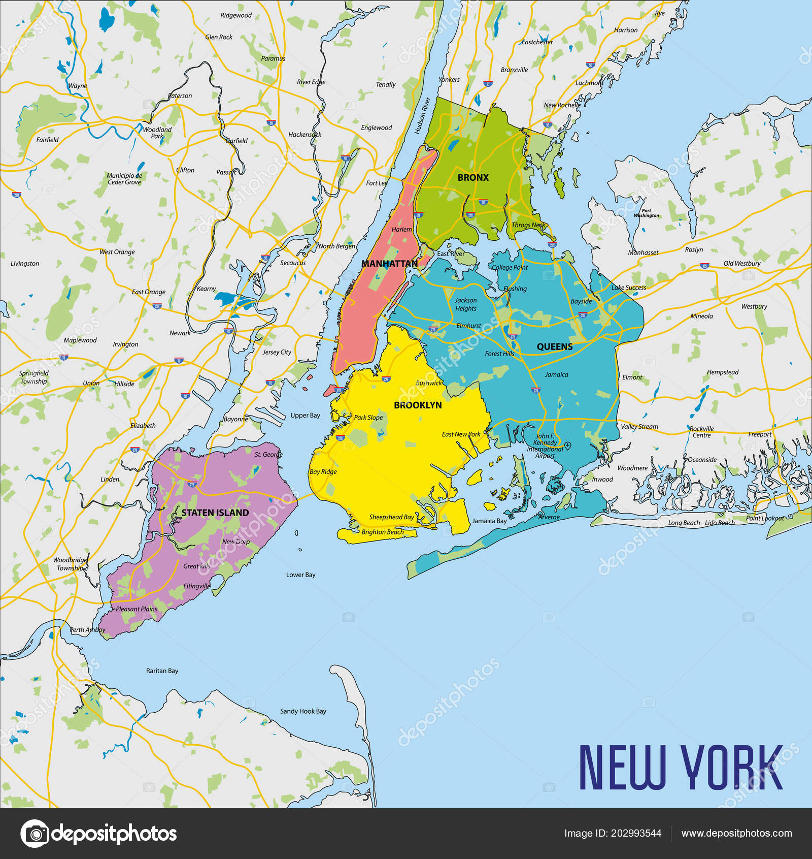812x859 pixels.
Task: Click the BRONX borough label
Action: pos(473,178)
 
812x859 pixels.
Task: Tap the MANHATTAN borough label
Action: pos(389,264)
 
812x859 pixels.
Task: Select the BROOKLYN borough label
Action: pos(418,405)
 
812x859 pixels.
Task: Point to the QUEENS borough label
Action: pos(555,347)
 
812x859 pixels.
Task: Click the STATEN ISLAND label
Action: pos(215,513)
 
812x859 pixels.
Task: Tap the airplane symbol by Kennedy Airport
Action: pos(568,446)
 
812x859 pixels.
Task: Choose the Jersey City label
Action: pos(277,352)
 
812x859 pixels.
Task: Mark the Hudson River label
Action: pos(422,116)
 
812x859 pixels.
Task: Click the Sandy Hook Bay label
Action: pos(303,711)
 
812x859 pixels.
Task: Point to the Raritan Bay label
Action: pos(162,671)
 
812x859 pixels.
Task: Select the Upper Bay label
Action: pos(305,416)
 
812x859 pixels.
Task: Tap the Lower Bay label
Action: pos(300,575)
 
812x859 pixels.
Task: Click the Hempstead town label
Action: pos(723,372)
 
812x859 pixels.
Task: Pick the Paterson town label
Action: pos(180,96)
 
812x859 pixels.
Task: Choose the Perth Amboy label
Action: pos(87,630)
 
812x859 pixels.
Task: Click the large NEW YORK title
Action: pos(681,768)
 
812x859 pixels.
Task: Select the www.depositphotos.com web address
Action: pos(736,833)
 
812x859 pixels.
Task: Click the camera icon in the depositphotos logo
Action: pos(35,834)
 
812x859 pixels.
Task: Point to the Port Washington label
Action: pos(646,213)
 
